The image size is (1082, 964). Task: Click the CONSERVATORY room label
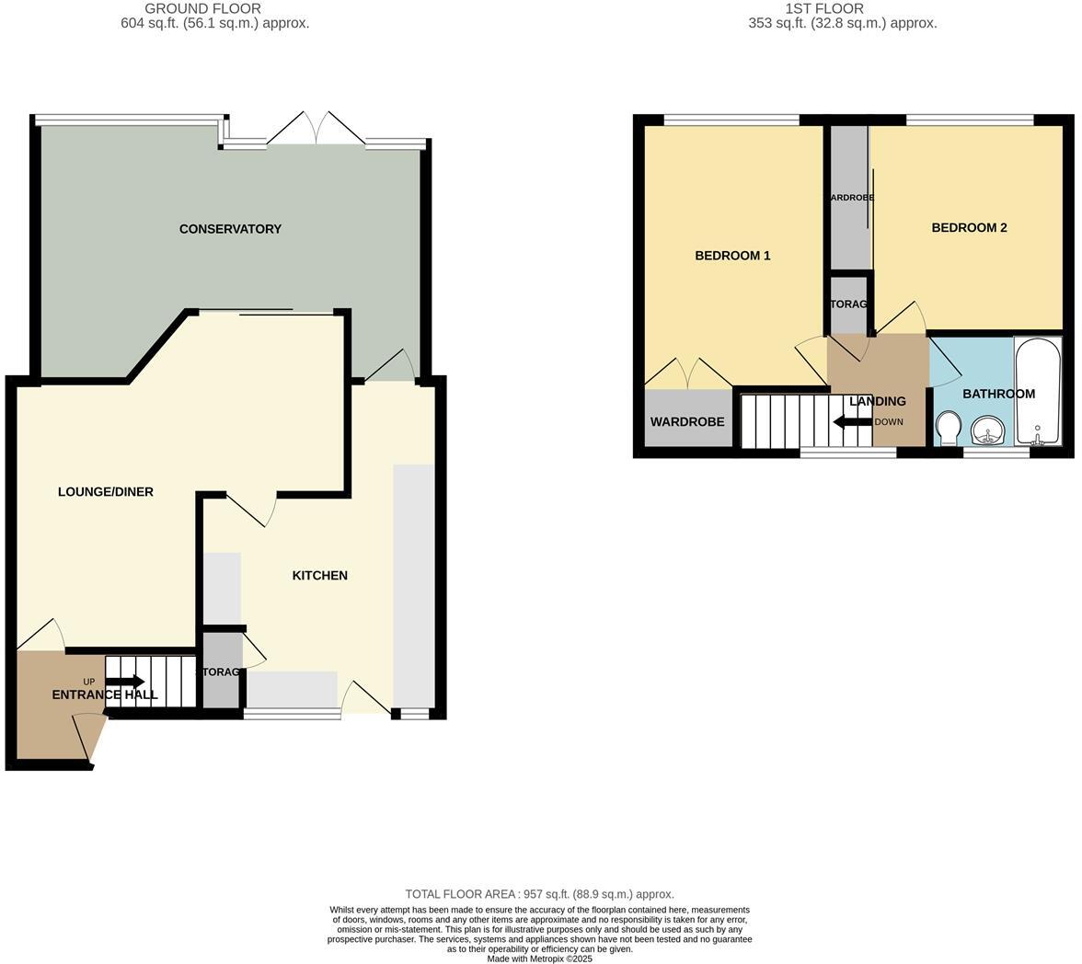(x=230, y=229)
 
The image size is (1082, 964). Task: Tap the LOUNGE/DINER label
(x=106, y=492)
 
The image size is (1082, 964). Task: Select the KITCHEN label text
(x=319, y=576)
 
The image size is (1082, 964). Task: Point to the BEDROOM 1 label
(x=732, y=256)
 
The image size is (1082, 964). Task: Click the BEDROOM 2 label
(x=969, y=228)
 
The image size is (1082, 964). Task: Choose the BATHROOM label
(x=998, y=394)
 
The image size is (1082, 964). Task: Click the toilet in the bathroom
(x=948, y=428)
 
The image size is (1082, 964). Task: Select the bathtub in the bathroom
(x=1037, y=392)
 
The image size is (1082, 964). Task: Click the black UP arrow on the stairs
(x=125, y=682)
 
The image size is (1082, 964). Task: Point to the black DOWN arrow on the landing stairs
(x=852, y=422)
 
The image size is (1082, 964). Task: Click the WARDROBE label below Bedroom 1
(x=687, y=422)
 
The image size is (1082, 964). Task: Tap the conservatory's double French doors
(x=316, y=129)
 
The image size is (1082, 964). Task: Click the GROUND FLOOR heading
(x=202, y=8)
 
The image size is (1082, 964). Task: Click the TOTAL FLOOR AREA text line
(x=539, y=894)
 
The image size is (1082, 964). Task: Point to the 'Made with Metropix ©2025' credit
(x=539, y=958)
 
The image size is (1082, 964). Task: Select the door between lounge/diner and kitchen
(x=250, y=510)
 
